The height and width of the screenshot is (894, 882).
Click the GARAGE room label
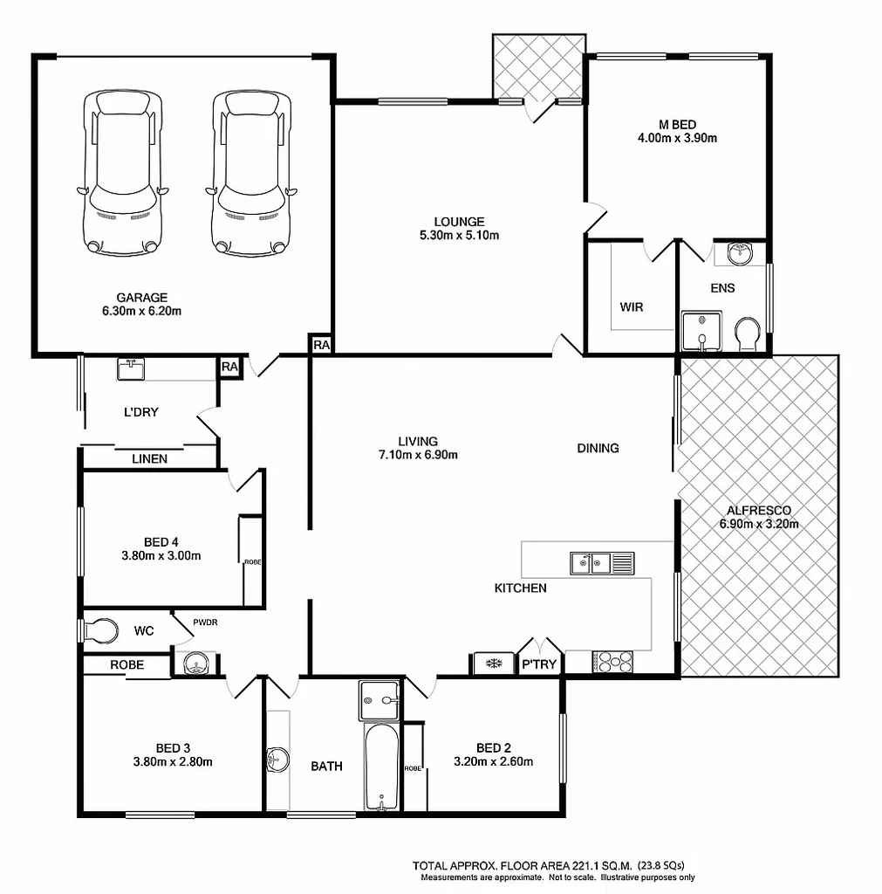tap(141, 298)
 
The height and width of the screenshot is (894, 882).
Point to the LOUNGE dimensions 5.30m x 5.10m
tap(459, 235)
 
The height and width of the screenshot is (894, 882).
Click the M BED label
tap(677, 124)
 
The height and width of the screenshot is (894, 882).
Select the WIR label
tap(632, 307)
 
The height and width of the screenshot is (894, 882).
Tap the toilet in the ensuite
tap(748, 334)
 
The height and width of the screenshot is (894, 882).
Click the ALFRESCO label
tap(759, 511)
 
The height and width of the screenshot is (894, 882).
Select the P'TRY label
tap(540, 664)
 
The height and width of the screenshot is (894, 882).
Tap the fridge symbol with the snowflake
tap(493, 664)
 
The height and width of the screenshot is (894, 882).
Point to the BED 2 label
tap(494, 748)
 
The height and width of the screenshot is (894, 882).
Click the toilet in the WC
tap(99, 630)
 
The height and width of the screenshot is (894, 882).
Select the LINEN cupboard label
tap(150, 458)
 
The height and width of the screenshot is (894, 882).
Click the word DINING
tap(598, 448)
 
